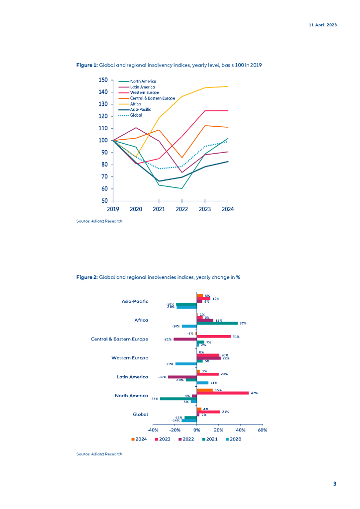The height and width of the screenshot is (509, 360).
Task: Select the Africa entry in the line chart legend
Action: tap(136, 104)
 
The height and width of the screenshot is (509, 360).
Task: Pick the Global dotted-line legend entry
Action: tap(136, 115)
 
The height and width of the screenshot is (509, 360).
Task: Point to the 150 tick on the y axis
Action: tap(103, 80)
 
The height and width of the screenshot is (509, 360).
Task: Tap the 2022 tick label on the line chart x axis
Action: tap(181, 209)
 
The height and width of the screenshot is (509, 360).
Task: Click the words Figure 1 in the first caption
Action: tap(87, 65)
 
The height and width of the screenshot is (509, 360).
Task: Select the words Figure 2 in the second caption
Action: tap(87, 277)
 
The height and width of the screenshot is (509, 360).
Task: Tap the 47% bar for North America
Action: tap(223, 393)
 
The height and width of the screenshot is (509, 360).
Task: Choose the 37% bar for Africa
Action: tap(217, 323)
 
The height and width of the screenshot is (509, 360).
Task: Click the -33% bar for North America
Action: tap(179, 399)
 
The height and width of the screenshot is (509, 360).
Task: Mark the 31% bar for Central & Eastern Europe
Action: tap(214, 337)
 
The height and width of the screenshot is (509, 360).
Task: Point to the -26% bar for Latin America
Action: tap(182, 377)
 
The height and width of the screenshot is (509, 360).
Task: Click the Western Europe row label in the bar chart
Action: tap(129, 358)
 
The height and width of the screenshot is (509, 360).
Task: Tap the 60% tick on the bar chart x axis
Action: tap(263, 430)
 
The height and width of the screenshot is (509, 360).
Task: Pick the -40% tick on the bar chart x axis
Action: tap(153, 430)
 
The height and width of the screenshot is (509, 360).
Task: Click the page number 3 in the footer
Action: tap(335, 484)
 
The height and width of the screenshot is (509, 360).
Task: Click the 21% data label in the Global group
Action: tap(225, 412)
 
